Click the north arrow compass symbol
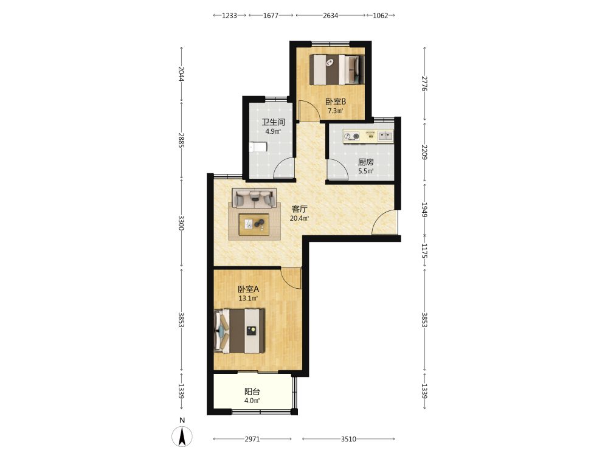[182, 436]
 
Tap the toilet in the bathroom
[258, 147]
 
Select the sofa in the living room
[254, 198]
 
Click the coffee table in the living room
[254, 224]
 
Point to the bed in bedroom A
[240, 331]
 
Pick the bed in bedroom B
[337, 69]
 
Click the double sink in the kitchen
[385, 136]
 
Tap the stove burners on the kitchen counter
[351, 136]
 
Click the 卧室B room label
[336, 102]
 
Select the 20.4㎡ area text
[299, 218]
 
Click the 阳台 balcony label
[252, 392]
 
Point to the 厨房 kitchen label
[365, 162]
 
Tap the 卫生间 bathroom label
[274, 122]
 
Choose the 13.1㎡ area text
[248, 299]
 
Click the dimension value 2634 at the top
[330, 16]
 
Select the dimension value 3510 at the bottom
[348, 439]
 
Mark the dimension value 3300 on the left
[181, 223]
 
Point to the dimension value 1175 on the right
[424, 251]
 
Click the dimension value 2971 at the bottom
[252, 439]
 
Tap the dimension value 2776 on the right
[424, 83]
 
